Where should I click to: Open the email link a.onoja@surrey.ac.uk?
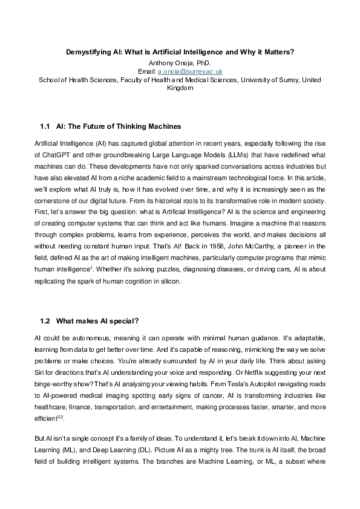pyautogui.click(x=192, y=71)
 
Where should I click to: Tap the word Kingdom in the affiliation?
pyautogui.click(x=180, y=88)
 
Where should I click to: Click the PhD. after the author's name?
pyautogui.click(x=203, y=62)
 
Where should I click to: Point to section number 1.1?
pyautogui.click(x=45, y=128)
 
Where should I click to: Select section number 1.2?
pyautogui.click(x=45, y=320)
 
